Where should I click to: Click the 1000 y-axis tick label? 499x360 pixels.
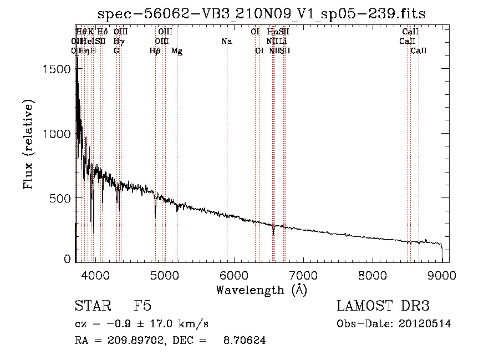coord(57,134)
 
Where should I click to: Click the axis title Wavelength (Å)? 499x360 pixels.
coord(261,290)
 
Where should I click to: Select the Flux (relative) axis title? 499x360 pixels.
coord(29,144)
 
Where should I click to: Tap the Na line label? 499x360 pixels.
coord(226,42)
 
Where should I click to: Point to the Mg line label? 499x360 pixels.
coord(177,51)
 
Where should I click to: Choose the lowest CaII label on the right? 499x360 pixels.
coord(419,51)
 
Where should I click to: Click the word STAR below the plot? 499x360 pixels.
coord(91,306)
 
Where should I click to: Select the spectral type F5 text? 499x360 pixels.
coord(142,306)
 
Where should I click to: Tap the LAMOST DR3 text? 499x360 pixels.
coord(383,306)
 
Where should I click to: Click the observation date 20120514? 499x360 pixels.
coord(426,324)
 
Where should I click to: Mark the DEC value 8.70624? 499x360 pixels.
coord(245,341)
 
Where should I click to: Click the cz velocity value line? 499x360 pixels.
coord(141,324)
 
